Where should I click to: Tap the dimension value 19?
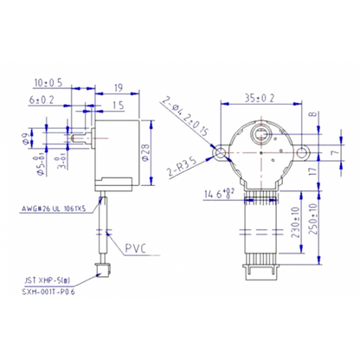118,87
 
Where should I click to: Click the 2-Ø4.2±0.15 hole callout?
189,119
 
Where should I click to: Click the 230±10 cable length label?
297,220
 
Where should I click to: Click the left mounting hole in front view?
224,152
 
